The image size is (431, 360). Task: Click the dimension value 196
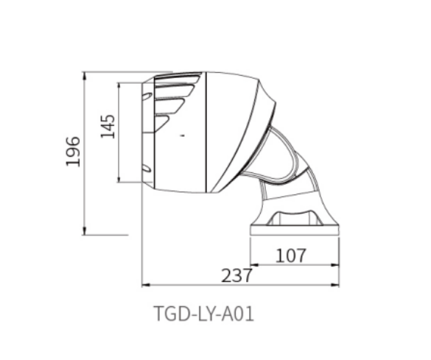coord(72,152)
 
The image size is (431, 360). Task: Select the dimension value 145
coord(108,127)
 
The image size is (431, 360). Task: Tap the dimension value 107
coord(291,255)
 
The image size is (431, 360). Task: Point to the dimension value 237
coord(237,275)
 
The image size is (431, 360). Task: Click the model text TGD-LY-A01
coord(204,314)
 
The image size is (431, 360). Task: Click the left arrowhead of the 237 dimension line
coord(143,283)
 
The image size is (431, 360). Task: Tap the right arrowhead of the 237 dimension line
coord(340,283)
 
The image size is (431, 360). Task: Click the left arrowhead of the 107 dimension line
coord(253,264)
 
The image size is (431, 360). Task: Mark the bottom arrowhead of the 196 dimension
coord(85,232)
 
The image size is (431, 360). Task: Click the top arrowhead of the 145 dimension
coord(120,85)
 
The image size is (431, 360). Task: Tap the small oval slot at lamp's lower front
coord(147,169)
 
